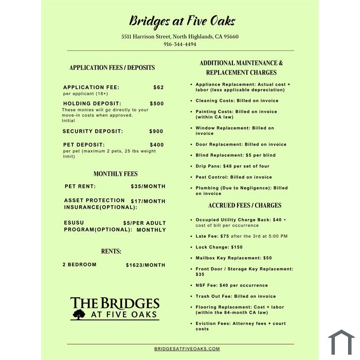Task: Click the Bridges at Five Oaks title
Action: pos(182,21)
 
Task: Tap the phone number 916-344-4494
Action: pos(180,44)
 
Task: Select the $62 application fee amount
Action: pos(158,87)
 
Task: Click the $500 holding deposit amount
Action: pos(156,103)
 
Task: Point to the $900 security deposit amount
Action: pos(156,131)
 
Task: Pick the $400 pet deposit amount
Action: pos(156,145)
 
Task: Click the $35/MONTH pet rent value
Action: pos(148,186)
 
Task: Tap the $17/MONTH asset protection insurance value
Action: pos(148,201)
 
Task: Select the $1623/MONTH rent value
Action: pos(146,265)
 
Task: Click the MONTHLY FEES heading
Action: pos(116,174)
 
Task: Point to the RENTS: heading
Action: pos(111,251)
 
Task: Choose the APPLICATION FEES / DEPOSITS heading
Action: pos(112,67)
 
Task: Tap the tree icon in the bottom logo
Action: pos(79,314)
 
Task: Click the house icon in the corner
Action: pos(341,343)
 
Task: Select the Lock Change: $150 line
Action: pos(219,247)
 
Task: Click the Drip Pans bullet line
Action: pos(232,166)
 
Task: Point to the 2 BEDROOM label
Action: pos(79,265)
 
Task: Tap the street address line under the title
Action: pos(180,37)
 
